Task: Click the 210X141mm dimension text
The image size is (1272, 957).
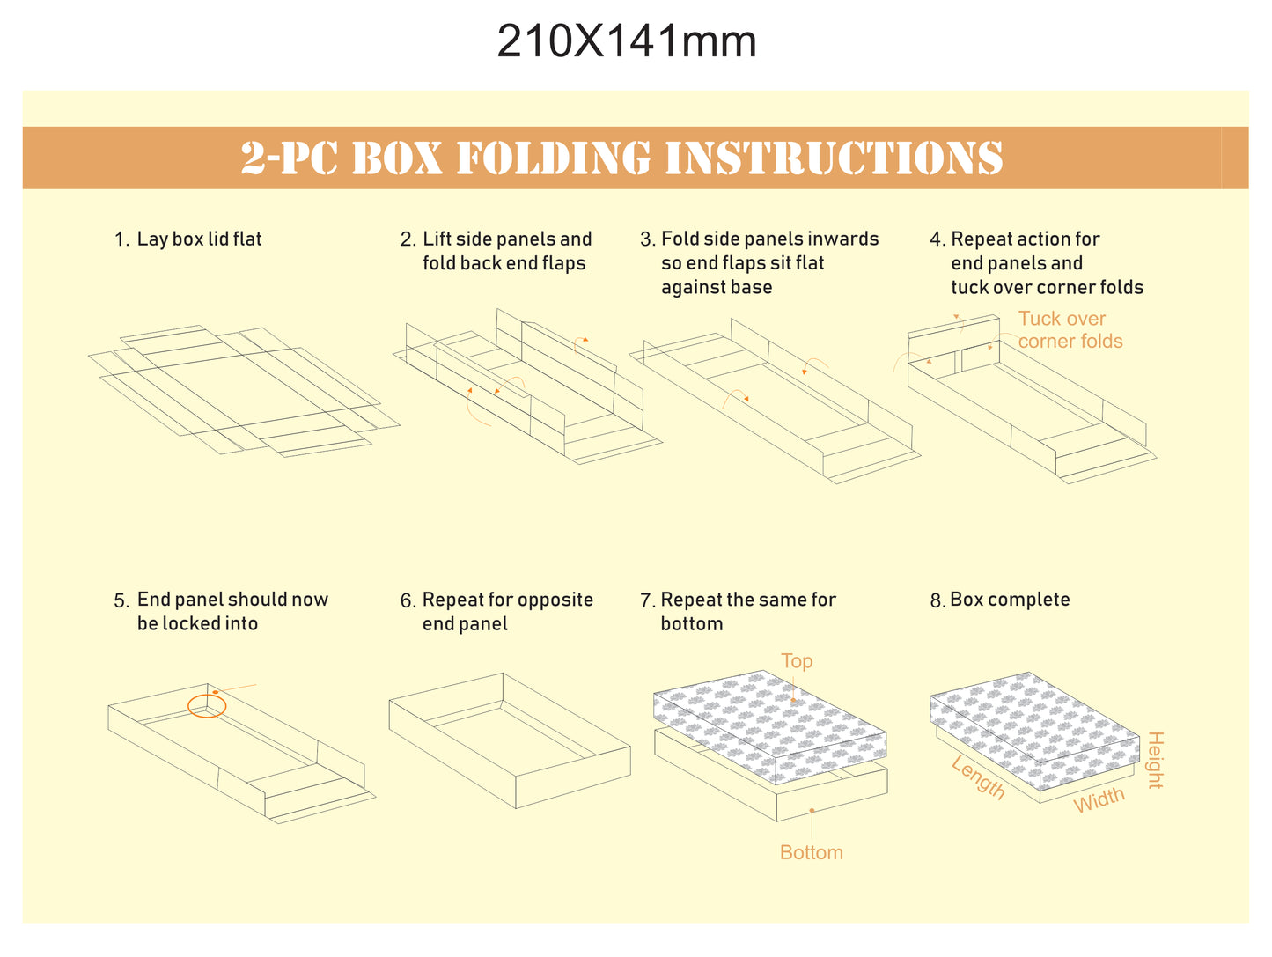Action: tap(627, 41)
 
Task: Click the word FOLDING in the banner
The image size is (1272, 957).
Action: tap(554, 158)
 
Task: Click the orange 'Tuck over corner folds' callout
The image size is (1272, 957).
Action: tap(1070, 329)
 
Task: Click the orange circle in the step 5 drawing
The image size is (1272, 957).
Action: tap(207, 706)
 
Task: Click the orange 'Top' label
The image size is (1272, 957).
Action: tap(797, 661)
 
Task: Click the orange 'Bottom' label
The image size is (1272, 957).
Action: tap(812, 853)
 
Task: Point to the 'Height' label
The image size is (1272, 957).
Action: tap(1156, 760)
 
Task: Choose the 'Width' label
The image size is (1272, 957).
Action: tap(1099, 800)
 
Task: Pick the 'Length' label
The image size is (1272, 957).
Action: tap(978, 777)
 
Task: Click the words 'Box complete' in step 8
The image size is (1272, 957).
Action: tap(1010, 600)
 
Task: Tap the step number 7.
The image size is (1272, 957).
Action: tap(647, 600)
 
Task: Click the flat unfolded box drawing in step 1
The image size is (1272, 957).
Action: tap(244, 391)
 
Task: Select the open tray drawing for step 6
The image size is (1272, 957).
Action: tap(510, 740)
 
